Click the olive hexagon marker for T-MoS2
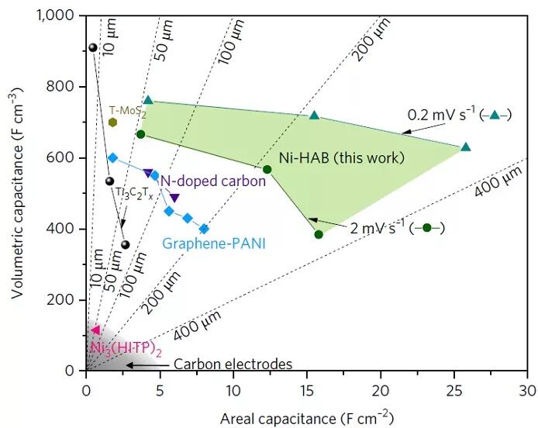pyautogui.click(x=113, y=122)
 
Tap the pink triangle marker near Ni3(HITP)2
pyautogui.click(x=95, y=331)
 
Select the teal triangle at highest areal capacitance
pyautogui.click(x=466, y=147)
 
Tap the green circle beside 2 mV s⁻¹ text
pyautogui.click(x=427, y=228)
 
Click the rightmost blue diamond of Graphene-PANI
pyautogui.click(x=204, y=229)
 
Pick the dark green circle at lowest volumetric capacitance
pyautogui.click(x=319, y=234)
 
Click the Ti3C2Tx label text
pyautogui.click(x=133, y=192)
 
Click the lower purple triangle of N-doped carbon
pyautogui.click(x=174, y=198)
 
